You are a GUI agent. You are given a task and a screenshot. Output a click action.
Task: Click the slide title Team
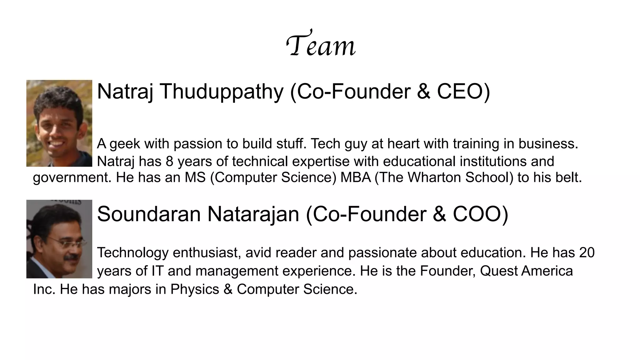321,45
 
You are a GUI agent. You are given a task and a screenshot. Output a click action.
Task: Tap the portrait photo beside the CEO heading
59,123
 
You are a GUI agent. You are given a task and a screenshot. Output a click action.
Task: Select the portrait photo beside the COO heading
59,239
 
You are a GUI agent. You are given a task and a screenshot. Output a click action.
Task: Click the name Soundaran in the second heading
149,214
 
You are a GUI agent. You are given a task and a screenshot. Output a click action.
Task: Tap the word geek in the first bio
125,144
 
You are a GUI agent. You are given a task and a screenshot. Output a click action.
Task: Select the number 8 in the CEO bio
169,162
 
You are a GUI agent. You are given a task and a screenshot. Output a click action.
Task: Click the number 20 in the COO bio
587,252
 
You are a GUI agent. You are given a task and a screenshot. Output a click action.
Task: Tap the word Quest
498,271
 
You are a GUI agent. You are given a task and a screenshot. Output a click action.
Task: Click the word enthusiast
207,252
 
